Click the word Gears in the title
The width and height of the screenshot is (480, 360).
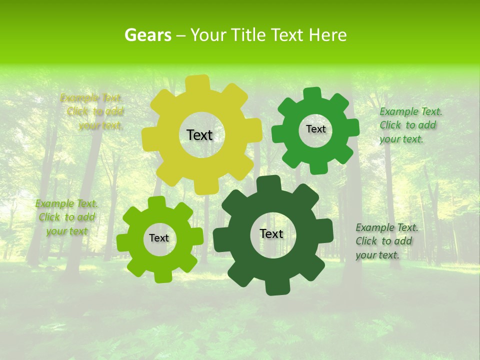coord(147,35)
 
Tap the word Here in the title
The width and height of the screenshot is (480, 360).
coord(327,35)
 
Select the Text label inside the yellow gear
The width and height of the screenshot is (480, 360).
coord(199,135)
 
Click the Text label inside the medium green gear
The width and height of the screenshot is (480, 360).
coord(315,129)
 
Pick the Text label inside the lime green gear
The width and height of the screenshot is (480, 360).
coord(159,238)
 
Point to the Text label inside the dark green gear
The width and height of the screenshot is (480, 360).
coord(271,234)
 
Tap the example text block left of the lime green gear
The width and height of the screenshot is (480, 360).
coord(66,217)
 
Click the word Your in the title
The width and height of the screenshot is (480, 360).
coord(208,35)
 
